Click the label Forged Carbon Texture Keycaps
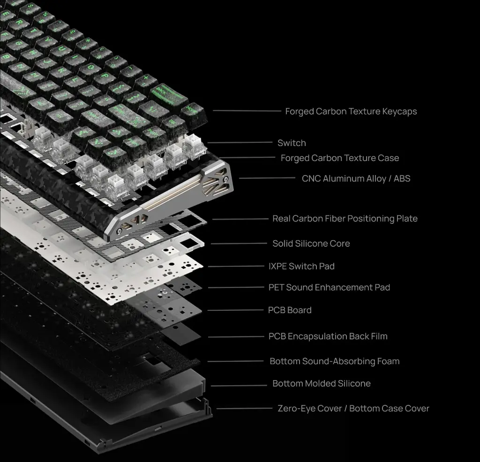[351, 111]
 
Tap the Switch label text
[292, 143]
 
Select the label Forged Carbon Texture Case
[340, 158]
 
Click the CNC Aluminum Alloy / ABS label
[356, 178]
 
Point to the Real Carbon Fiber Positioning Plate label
[345, 218]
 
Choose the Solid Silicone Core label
[311, 243]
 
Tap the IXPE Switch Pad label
[301, 266]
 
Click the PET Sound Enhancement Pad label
[329, 287]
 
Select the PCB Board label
[290, 310]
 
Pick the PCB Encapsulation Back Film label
[328, 336]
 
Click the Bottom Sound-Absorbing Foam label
[335, 361]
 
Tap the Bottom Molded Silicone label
[322, 383]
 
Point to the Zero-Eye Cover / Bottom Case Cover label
[353, 408]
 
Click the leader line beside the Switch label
[240, 142]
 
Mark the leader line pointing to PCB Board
[235, 310]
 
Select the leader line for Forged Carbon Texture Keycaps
[247, 110]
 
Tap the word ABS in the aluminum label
[402, 178]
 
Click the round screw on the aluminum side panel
[226, 179]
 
